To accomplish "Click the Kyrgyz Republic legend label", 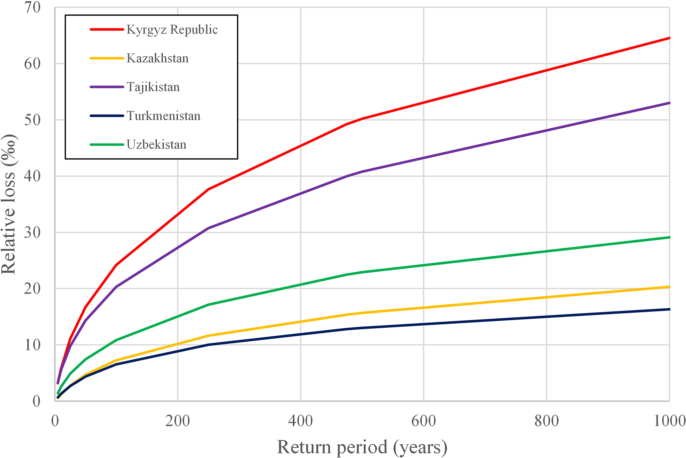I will [x=172, y=30].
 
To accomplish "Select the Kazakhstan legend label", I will [x=157, y=58].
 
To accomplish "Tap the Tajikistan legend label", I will [x=153, y=87].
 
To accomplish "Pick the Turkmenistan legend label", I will [x=163, y=116].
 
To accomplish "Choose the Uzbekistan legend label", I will [x=156, y=145].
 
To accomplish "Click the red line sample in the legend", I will [x=107, y=30].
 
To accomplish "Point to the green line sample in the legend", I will [x=107, y=145].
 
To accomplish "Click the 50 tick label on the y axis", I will [x=32, y=120].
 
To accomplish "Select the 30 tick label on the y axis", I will [x=32, y=232].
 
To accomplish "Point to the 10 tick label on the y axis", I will [x=32, y=345].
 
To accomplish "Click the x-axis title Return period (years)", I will [x=362, y=447].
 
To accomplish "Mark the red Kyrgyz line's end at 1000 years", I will [x=669, y=38].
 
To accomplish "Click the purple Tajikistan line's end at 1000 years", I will [x=669, y=103].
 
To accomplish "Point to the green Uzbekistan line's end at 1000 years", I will [x=669, y=237].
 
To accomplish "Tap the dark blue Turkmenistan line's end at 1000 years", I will [x=669, y=309].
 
